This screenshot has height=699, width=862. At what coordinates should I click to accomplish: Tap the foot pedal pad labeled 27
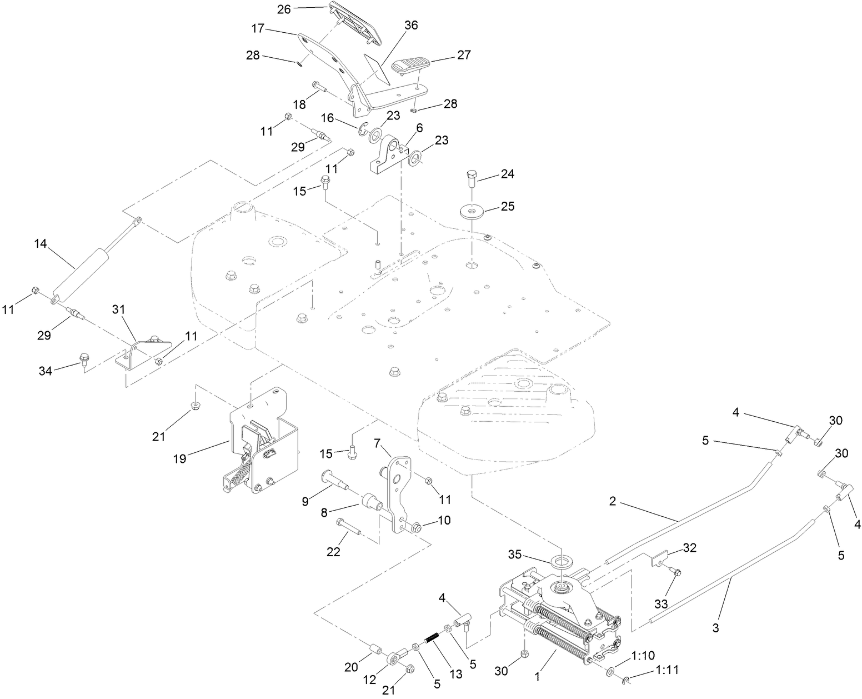[x=411, y=66]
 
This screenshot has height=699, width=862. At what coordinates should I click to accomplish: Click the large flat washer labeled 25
[x=472, y=212]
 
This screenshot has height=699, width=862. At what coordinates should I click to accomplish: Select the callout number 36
[x=412, y=25]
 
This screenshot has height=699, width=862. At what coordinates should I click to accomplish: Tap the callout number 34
[x=46, y=371]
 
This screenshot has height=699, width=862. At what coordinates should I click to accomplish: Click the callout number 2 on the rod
[x=613, y=501]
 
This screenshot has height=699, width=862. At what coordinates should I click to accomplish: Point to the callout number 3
[x=715, y=628]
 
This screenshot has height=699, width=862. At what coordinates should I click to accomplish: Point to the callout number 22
[x=334, y=552]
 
